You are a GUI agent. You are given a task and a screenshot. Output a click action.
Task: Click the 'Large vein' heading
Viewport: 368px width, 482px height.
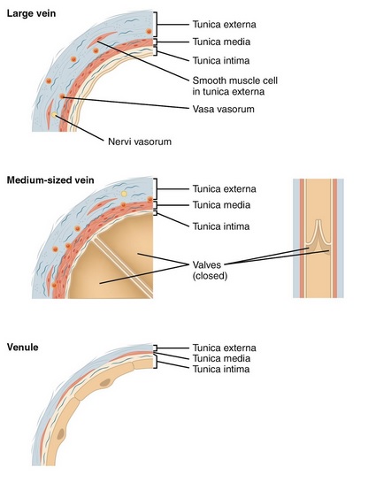click(x=31, y=14)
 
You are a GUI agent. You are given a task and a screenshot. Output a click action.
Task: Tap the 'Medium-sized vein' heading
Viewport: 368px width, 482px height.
click(x=50, y=180)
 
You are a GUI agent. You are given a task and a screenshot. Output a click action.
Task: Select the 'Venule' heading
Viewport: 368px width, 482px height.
click(x=22, y=348)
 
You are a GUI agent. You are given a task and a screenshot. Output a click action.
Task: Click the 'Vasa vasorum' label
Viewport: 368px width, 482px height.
click(x=224, y=109)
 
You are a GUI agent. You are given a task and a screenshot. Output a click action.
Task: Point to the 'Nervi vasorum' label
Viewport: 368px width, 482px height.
click(x=140, y=142)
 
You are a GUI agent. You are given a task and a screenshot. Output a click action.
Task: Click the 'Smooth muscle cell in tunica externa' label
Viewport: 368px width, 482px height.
click(x=235, y=86)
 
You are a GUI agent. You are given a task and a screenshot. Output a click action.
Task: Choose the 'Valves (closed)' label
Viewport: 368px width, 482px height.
click(x=210, y=271)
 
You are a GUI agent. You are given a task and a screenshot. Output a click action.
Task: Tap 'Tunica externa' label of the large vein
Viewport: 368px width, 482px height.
click(x=224, y=24)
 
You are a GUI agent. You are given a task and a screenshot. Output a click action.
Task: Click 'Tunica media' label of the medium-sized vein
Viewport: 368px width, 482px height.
click(x=221, y=205)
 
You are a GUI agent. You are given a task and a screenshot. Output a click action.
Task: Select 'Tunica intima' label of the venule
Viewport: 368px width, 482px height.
click(x=221, y=369)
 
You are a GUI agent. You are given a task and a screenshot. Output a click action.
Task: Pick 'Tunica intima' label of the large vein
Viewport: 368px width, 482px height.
click(x=221, y=60)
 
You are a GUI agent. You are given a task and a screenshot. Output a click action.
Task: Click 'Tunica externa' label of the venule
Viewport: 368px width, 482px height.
click(x=224, y=348)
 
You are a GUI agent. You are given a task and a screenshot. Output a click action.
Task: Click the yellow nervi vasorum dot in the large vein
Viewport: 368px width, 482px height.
click(x=55, y=115)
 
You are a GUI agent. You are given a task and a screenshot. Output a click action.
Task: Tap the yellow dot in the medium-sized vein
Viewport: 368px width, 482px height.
click(x=124, y=194)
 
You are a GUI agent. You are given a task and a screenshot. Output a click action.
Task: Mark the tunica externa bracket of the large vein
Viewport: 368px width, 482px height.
click(x=157, y=24)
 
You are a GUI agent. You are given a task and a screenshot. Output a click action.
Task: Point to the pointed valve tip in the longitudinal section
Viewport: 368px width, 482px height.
click(x=318, y=220)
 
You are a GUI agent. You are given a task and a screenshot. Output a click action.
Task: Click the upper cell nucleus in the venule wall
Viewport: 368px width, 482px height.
click(x=105, y=383)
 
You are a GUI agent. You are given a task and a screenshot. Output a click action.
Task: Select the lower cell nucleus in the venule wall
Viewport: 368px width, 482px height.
click(x=60, y=434)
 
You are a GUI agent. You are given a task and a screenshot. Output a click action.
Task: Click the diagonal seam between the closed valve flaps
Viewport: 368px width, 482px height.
click(x=123, y=268)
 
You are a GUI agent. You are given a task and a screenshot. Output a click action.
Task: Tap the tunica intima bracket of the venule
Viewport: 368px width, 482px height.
click(x=156, y=362)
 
